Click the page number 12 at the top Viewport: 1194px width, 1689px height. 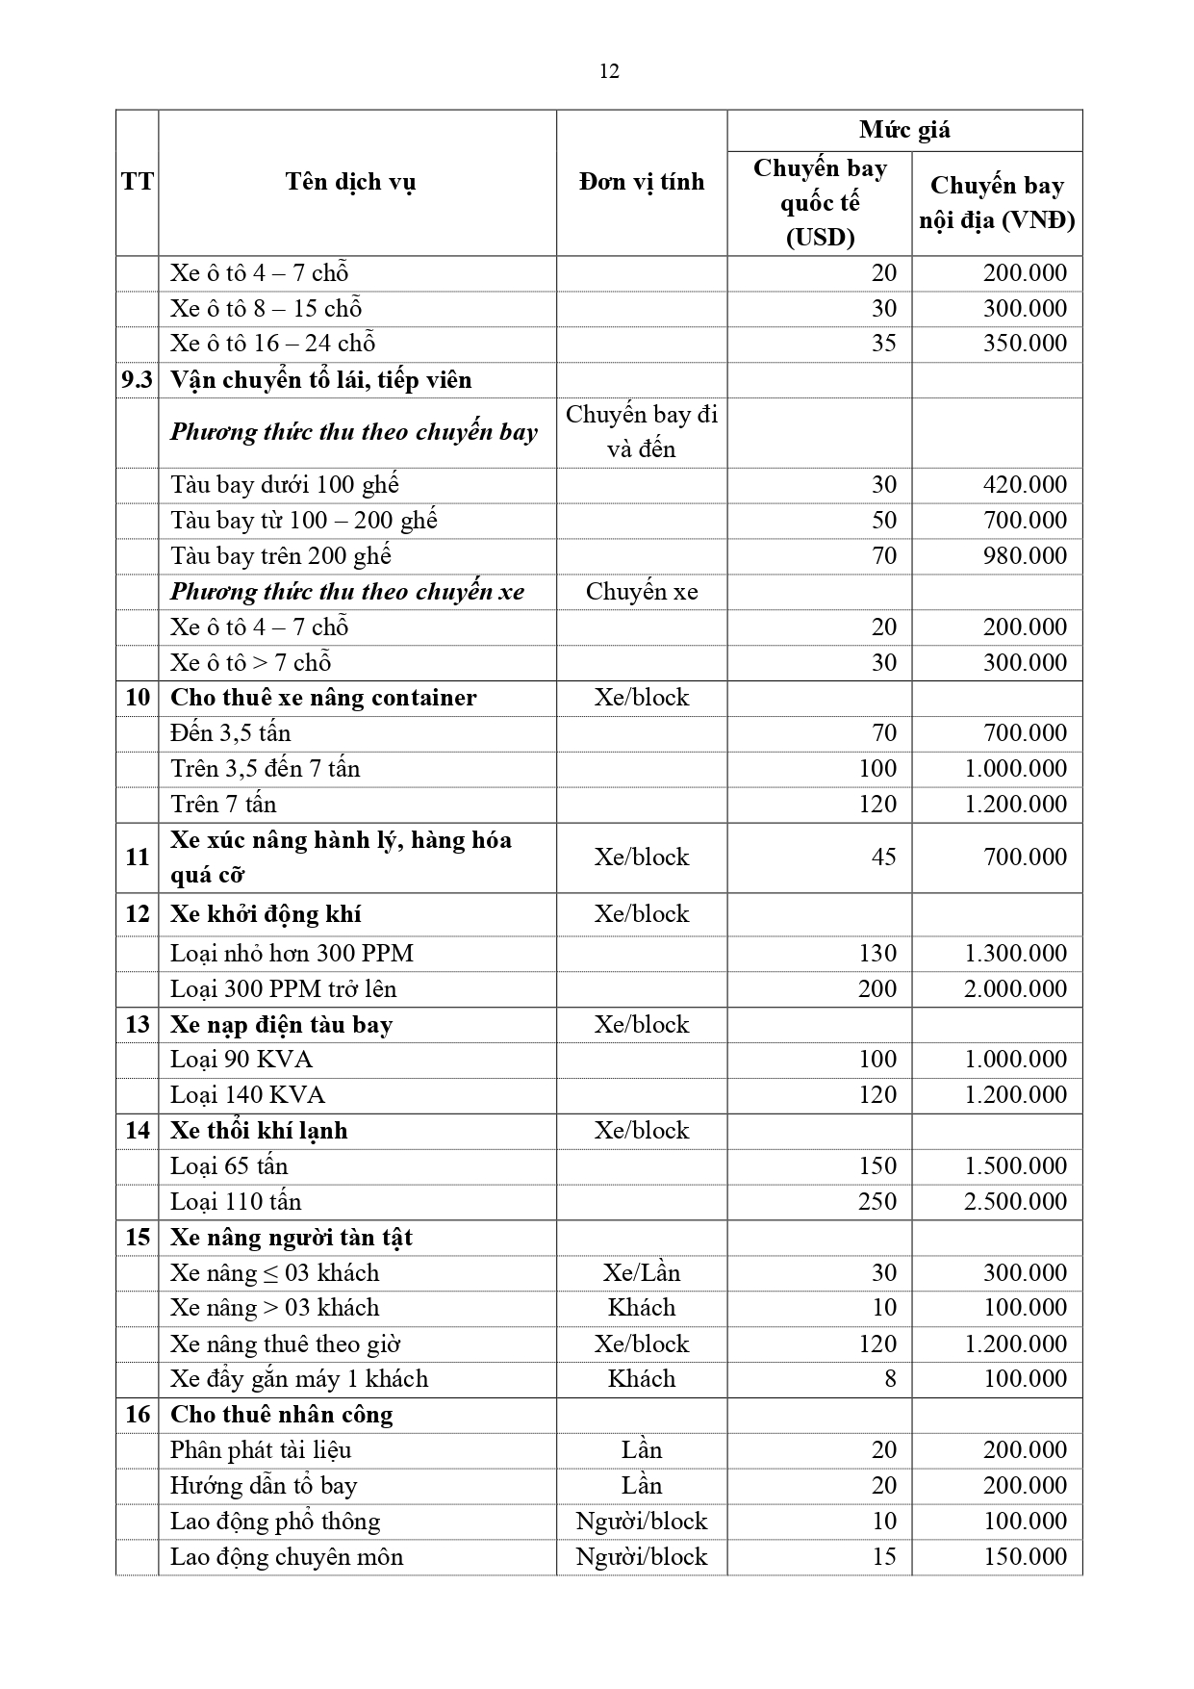tap(608, 71)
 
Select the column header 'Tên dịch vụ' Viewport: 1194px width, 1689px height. tap(350, 182)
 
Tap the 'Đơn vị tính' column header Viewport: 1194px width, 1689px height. tap(641, 182)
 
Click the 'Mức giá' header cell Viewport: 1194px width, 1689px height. tap(904, 130)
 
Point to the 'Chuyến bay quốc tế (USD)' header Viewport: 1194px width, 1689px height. tap(820, 202)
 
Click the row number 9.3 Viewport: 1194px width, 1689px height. tap(137, 380)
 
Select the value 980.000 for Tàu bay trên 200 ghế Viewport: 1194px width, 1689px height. tap(1025, 555)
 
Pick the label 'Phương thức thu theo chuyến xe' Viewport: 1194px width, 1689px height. tap(347, 591)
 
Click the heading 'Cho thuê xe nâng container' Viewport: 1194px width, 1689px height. tap(323, 698)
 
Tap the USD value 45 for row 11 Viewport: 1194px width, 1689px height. tap(883, 857)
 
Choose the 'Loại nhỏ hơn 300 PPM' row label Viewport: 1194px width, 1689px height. tap(292, 953)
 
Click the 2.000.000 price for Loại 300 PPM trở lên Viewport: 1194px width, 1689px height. tap(1015, 988)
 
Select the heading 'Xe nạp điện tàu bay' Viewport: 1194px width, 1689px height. tap(281, 1024)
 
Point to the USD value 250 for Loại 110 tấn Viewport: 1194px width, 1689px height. tap(876, 1201)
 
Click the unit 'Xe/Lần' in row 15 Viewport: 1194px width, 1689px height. tap(641, 1272)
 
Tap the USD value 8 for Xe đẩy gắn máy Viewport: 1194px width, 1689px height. tap(890, 1378)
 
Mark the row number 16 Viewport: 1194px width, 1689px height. tap(137, 1414)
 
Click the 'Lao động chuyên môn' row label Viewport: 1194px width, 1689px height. tap(287, 1556)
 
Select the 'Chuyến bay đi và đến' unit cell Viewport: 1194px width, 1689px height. tap(641, 432)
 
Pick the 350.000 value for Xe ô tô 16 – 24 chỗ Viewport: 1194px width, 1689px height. tap(1025, 344)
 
